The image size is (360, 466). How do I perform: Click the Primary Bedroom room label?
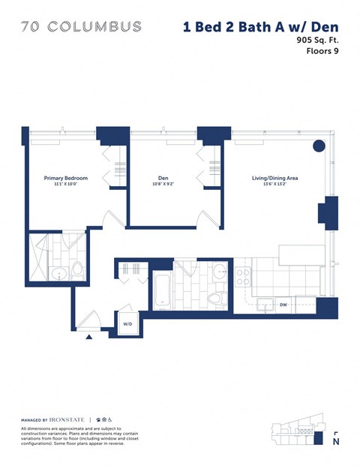click(65, 178)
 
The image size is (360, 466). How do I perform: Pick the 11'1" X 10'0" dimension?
click(65, 185)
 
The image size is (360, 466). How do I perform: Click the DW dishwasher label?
click(283, 305)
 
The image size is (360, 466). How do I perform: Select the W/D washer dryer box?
click(127, 324)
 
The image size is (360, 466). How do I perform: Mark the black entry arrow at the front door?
click(89, 337)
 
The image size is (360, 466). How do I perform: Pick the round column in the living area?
click(319, 145)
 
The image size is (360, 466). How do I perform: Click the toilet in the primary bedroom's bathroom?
click(76, 271)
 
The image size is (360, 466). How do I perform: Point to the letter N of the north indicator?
click(334, 443)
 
